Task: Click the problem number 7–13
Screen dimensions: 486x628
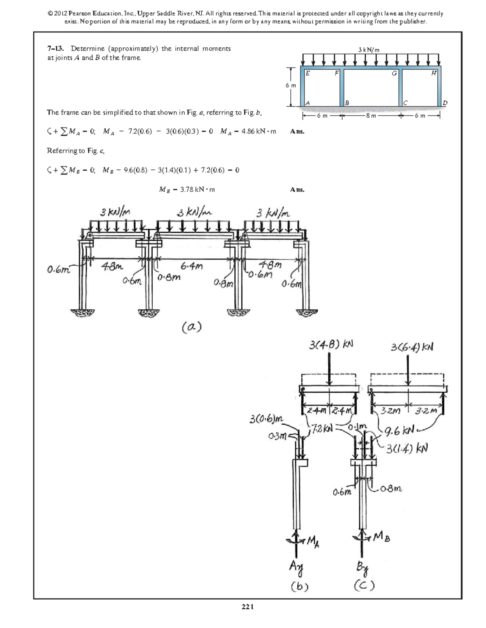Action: coord(55,49)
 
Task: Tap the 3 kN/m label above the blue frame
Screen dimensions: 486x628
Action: coord(369,50)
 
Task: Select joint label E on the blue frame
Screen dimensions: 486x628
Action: coord(308,74)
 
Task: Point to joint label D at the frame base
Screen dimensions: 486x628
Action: coord(445,103)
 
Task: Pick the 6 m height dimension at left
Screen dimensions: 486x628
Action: coord(291,86)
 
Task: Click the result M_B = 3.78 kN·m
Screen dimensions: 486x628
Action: coord(187,190)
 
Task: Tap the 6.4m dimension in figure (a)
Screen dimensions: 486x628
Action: coord(192,266)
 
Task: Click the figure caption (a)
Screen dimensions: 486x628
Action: coord(192,327)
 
